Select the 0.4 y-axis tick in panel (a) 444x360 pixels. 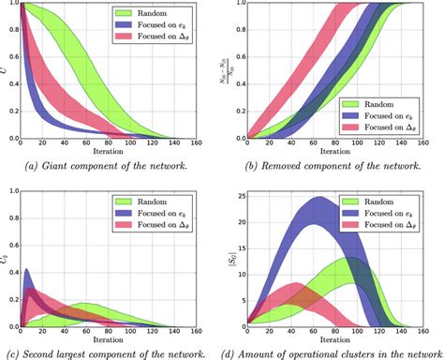pyautogui.click(x=10, y=85)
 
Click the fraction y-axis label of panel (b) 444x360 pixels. pyautogui.click(x=233, y=71)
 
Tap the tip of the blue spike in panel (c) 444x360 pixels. pyautogui.click(x=25, y=270)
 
